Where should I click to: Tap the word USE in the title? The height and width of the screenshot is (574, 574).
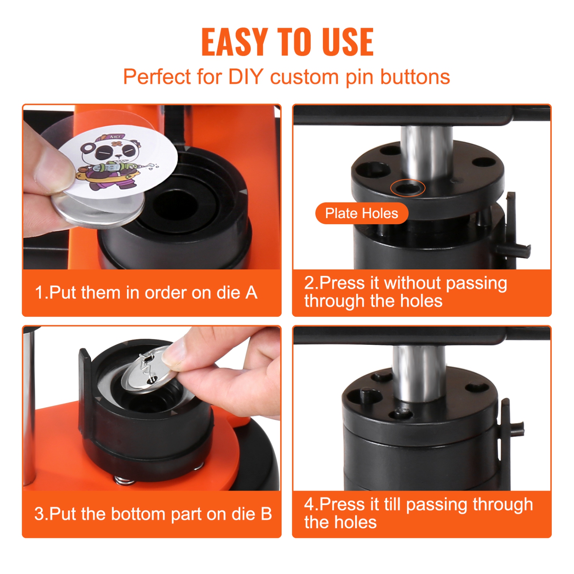point(347,42)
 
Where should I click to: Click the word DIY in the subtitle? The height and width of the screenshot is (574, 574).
point(246,77)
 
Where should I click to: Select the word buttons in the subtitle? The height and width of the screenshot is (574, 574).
point(415,77)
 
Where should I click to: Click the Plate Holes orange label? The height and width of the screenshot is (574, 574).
point(361,213)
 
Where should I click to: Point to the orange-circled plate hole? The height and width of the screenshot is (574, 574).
point(407,188)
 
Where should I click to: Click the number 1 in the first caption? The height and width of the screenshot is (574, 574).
point(39,293)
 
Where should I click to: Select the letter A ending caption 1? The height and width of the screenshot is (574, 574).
point(251,293)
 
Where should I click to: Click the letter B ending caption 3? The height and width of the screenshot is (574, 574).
point(266,514)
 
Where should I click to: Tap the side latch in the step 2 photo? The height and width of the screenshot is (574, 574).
point(513,230)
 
